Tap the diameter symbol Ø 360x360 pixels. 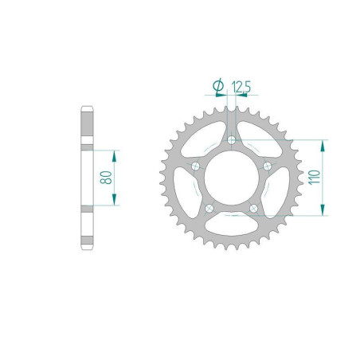tap(217, 85)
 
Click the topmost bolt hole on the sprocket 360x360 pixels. tap(231, 140)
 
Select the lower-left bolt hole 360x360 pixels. tap(209, 209)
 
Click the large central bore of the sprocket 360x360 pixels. tap(231, 178)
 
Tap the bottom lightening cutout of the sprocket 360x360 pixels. tap(231, 227)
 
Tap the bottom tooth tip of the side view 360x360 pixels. tap(88, 249)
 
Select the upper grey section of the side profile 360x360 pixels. tap(88, 127)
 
